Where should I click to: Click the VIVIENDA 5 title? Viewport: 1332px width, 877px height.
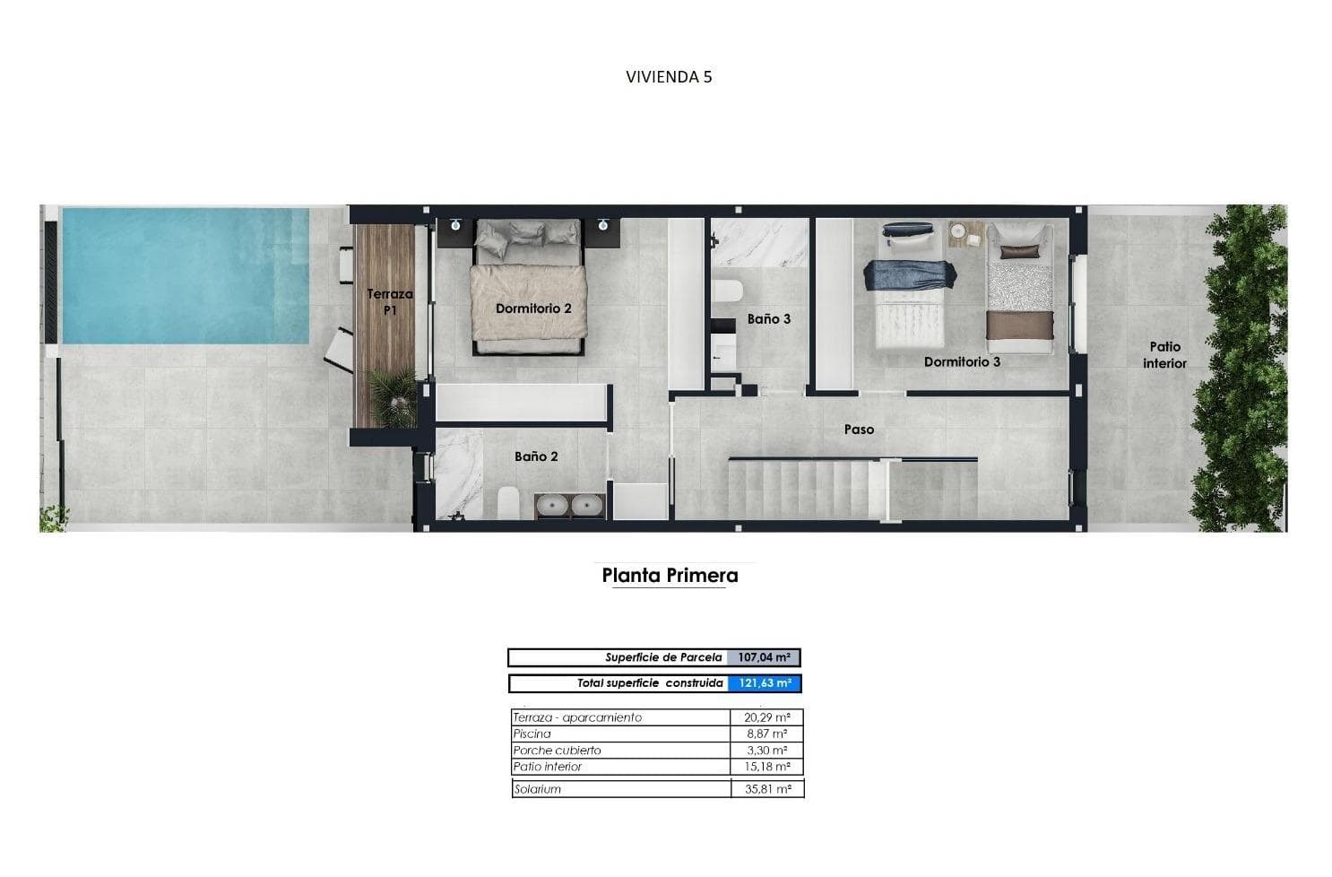click(x=669, y=77)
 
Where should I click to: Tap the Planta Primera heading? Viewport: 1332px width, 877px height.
click(x=670, y=576)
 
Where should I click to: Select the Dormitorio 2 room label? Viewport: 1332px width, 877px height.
click(x=533, y=308)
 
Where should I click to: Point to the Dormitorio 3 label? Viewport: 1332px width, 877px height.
click(x=962, y=361)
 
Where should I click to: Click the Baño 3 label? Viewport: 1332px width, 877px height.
click(x=769, y=319)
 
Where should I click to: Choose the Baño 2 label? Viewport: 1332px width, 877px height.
click(x=536, y=456)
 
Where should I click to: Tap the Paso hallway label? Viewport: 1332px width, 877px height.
click(x=860, y=429)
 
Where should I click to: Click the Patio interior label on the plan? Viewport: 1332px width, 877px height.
click(x=1164, y=354)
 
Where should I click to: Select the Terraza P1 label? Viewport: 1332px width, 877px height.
click(x=390, y=301)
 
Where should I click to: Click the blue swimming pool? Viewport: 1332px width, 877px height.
click(x=186, y=275)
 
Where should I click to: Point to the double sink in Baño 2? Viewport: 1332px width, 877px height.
click(x=570, y=506)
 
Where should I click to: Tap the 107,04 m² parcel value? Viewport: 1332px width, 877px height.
click(x=764, y=657)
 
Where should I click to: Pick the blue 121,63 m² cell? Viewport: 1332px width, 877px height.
click(x=765, y=683)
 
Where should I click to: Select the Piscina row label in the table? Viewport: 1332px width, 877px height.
click(x=532, y=734)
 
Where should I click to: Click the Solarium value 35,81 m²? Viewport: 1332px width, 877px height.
click(x=767, y=789)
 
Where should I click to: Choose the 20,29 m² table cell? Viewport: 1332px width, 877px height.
click(x=767, y=717)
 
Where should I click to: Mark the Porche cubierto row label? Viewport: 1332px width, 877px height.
click(x=558, y=751)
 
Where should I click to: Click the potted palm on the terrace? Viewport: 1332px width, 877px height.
click(x=392, y=395)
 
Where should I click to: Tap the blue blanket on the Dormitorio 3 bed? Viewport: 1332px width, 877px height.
click(x=910, y=275)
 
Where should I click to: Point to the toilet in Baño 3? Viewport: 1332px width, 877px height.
click(x=727, y=291)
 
